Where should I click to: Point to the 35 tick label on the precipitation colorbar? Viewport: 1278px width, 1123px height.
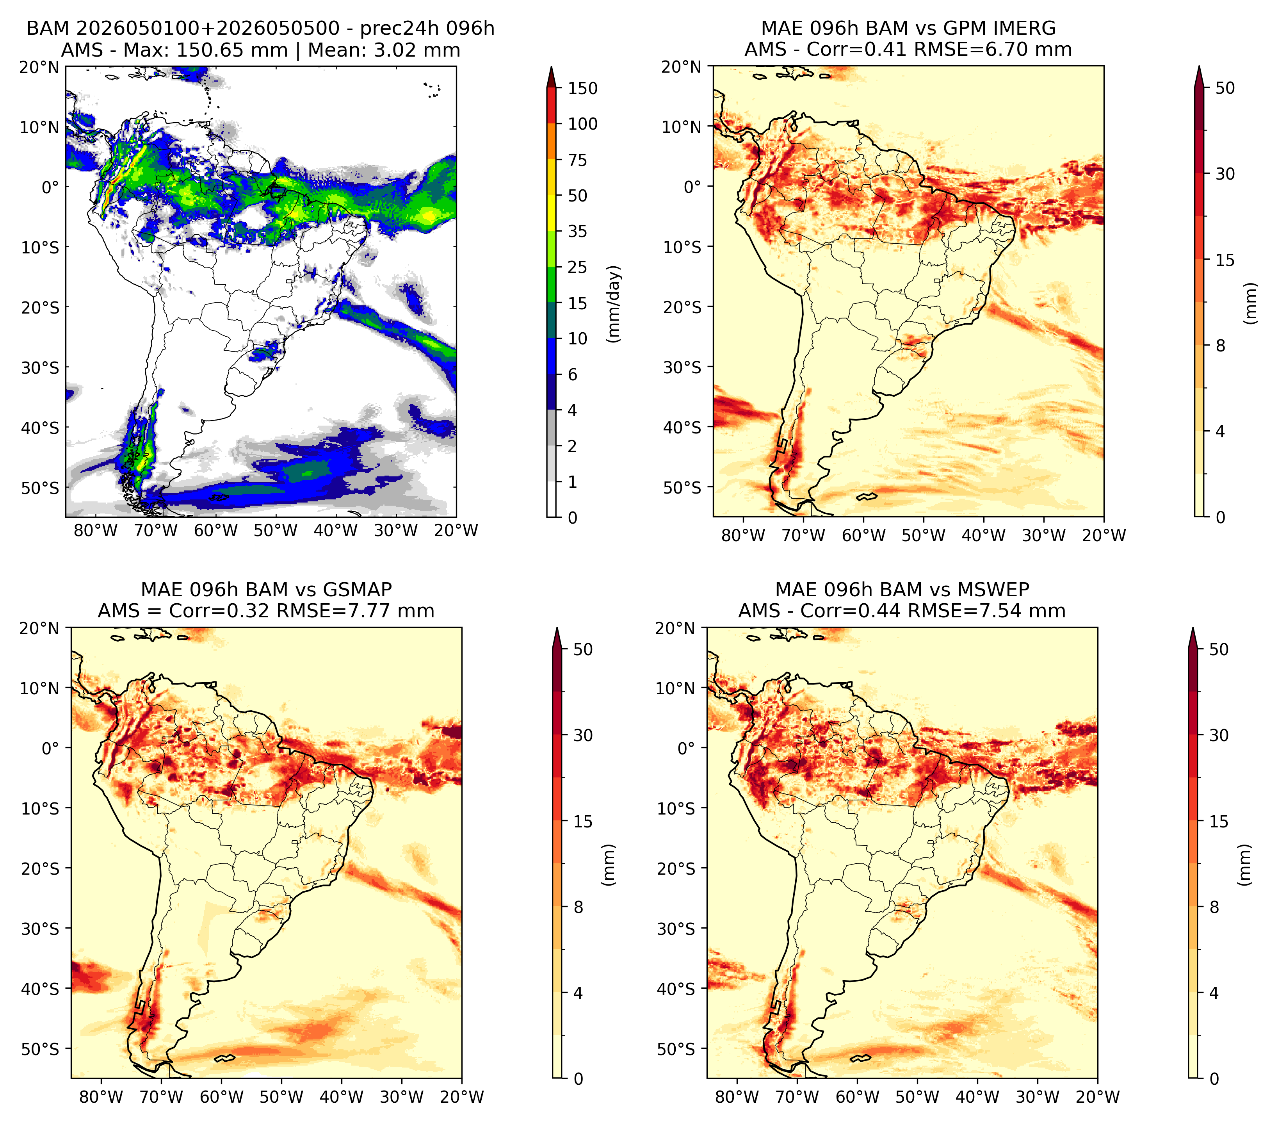tap(577, 231)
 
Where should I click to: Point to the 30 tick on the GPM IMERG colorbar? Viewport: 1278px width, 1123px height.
tap(1225, 174)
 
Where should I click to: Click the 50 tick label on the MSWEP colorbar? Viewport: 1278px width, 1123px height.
tap(1219, 650)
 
